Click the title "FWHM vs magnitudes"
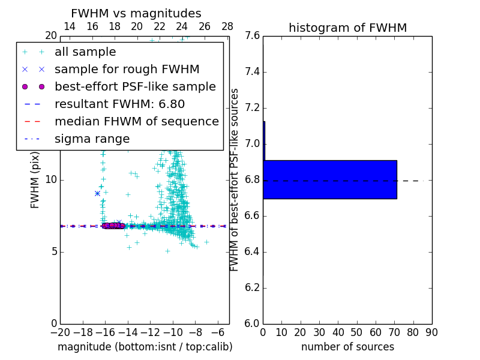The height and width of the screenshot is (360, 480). [136, 14]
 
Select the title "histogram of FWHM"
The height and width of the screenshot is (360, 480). [347, 28]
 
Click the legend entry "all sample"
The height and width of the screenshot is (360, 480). [85, 52]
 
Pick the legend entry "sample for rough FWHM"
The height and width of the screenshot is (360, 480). [127, 70]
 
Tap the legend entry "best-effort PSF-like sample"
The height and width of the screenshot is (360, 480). [135, 87]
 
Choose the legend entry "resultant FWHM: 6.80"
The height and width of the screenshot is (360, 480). [119, 104]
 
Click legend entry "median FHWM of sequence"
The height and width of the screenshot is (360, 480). [136, 122]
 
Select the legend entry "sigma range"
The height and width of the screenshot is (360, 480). [92, 139]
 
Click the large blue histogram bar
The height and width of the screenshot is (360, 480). [330, 179]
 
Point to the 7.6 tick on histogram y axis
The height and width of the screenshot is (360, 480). [252, 36]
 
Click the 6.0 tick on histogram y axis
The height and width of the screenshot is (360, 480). [252, 323]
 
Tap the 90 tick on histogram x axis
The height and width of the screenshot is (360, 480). [431, 332]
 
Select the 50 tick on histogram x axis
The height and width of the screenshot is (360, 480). [356, 332]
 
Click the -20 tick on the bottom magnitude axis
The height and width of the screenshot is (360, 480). [60, 332]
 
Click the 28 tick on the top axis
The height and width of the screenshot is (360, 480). [227, 26]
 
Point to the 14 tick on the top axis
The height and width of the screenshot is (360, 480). [70, 26]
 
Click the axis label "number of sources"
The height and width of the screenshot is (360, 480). [347, 347]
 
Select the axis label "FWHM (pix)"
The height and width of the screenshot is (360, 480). [35, 179]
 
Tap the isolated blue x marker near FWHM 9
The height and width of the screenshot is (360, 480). [97, 193]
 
